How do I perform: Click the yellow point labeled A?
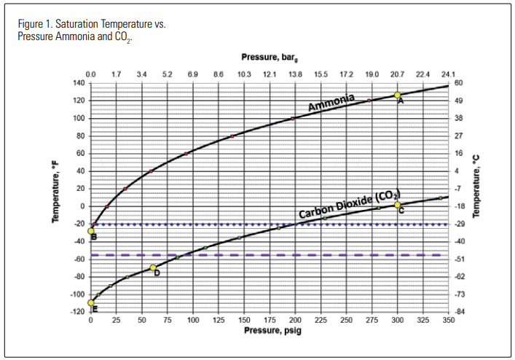[x=398, y=95]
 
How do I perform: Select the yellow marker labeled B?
[x=91, y=231]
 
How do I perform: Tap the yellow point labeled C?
[x=398, y=205]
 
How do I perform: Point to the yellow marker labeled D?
[x=153, y=267]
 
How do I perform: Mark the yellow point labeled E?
[x=91, y=302]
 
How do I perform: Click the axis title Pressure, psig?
[x=270, y=330]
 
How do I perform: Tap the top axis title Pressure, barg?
[x=270, y=57]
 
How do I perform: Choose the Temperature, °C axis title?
[x=478, y=197]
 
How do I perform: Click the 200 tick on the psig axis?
[x=296, y=319]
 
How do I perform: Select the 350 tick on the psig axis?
[x=449, y=319]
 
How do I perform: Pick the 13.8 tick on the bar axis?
[x=296, y=74]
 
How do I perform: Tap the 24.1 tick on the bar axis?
[x=448, y=74]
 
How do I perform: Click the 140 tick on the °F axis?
[x=78, y=83]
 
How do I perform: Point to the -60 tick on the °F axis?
[x=78, y=259]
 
